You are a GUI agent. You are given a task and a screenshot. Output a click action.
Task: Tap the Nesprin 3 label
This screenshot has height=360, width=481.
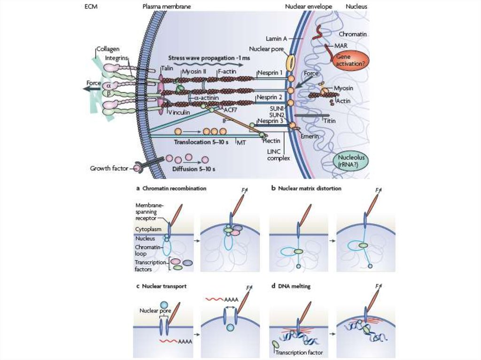click(x=269, y=121)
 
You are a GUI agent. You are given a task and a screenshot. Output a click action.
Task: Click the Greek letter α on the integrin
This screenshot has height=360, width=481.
click(x=109, y=85)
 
